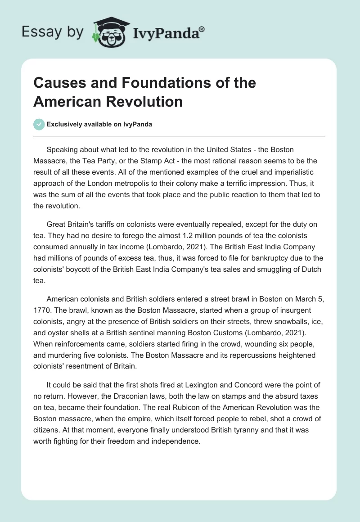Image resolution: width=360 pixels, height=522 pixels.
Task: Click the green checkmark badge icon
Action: coord(39,124)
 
